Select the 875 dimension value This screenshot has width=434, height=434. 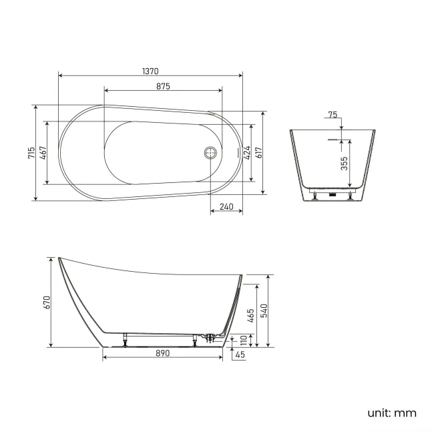click(163, 86)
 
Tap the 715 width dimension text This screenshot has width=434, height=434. click(31, 152)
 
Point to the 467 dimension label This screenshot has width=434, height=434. click(43, 152)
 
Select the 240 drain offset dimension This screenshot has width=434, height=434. click(226, 207)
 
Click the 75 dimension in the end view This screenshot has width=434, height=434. click(332, 115)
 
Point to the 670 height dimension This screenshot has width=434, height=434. click(47, 302)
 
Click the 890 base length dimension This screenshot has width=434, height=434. click(163, 353)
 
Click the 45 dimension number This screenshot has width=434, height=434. click(239, 355)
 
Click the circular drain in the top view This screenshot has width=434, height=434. click(210, 152)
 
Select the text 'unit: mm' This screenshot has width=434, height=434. click(391, 413)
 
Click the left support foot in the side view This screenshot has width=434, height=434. click(125, 341)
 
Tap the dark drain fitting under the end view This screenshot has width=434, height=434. click(332, 195)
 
